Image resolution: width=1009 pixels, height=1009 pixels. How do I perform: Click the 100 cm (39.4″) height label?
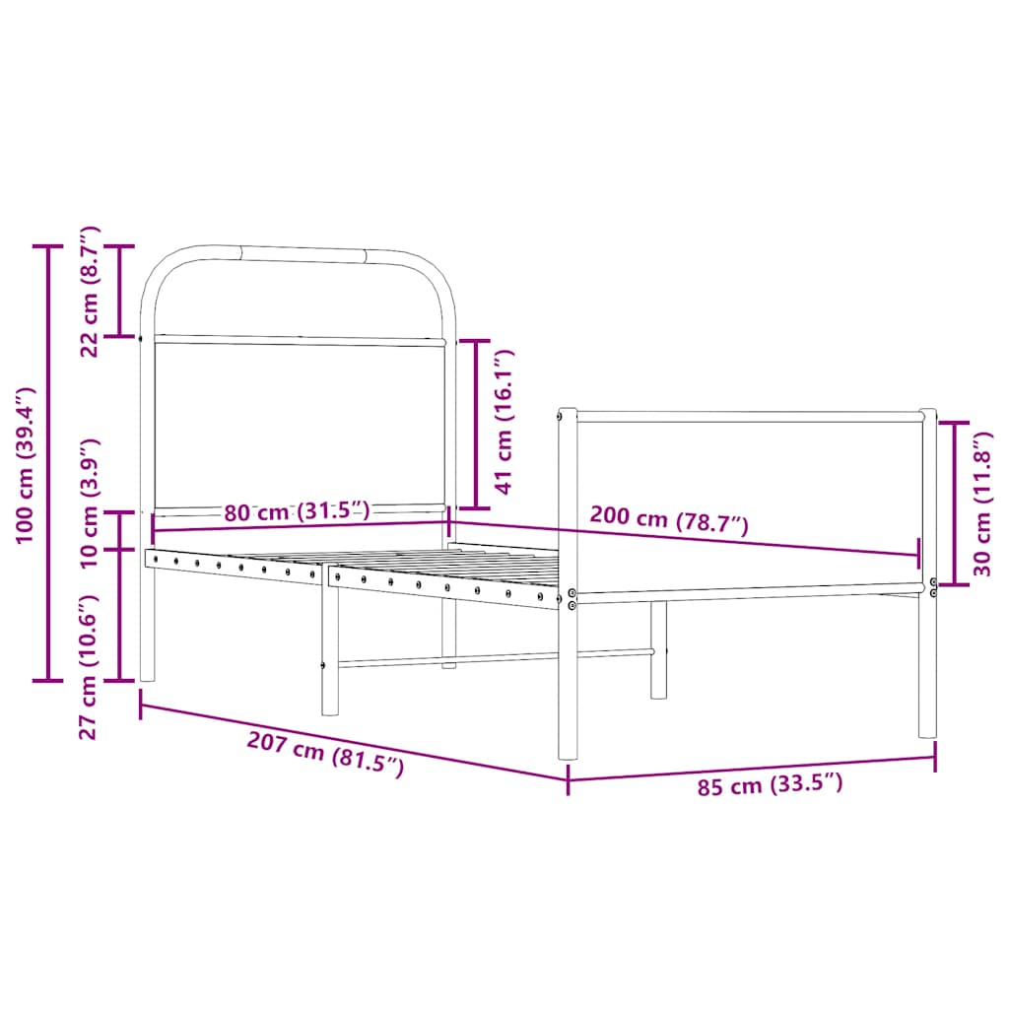pyautogui.click(x=27, y=464)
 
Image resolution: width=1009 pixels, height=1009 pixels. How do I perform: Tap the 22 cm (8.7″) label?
pyautogui.click(x=90, y=291)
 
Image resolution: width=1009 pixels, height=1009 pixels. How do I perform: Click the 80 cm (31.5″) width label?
pyautogui.click(x=296, y=511)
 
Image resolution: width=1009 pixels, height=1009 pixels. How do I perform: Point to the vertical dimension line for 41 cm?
pyautogui.click(x=474, y=424)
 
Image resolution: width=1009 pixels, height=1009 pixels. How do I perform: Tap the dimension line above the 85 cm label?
pyautogui.click(x=751, y=768)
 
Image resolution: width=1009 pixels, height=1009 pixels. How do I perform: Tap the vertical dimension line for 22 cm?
pyautogui.click(x=121, y=291)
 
